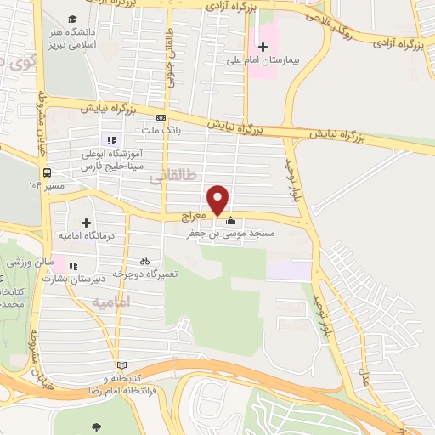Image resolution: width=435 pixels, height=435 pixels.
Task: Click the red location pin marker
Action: click(x=219, y=199)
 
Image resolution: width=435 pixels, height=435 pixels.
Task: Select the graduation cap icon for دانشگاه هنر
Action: click(x=72, y=19)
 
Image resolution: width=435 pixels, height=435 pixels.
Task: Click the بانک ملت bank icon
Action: click(x=160, y=118)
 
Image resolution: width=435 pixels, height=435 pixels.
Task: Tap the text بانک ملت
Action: click(x=160, y=131)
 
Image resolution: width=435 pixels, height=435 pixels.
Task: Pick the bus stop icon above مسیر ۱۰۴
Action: click(x=48, y=168)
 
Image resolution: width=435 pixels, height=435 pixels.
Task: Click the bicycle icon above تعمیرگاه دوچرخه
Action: click(x=144, y=261)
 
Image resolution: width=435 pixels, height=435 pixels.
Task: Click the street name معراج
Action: click(x=194, y=217)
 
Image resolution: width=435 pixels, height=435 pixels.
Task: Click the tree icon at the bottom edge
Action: click(x=94, y=427)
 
